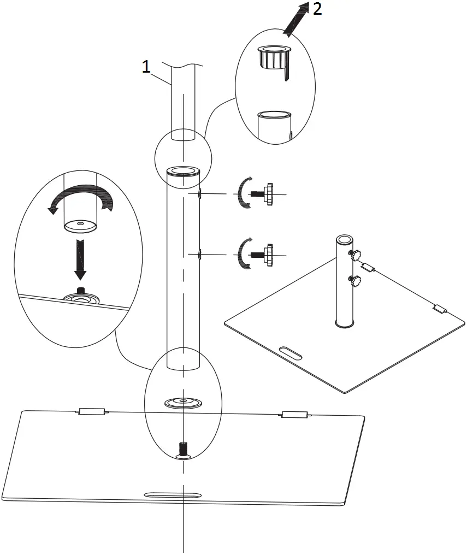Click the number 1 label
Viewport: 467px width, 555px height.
point(146,67)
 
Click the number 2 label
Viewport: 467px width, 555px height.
point(316,9)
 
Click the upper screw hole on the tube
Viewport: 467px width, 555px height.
point(200,193)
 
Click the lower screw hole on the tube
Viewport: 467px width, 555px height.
point(200,253)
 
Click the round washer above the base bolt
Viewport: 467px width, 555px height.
point(183,403)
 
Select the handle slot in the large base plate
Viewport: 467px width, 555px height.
point(172,495)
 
